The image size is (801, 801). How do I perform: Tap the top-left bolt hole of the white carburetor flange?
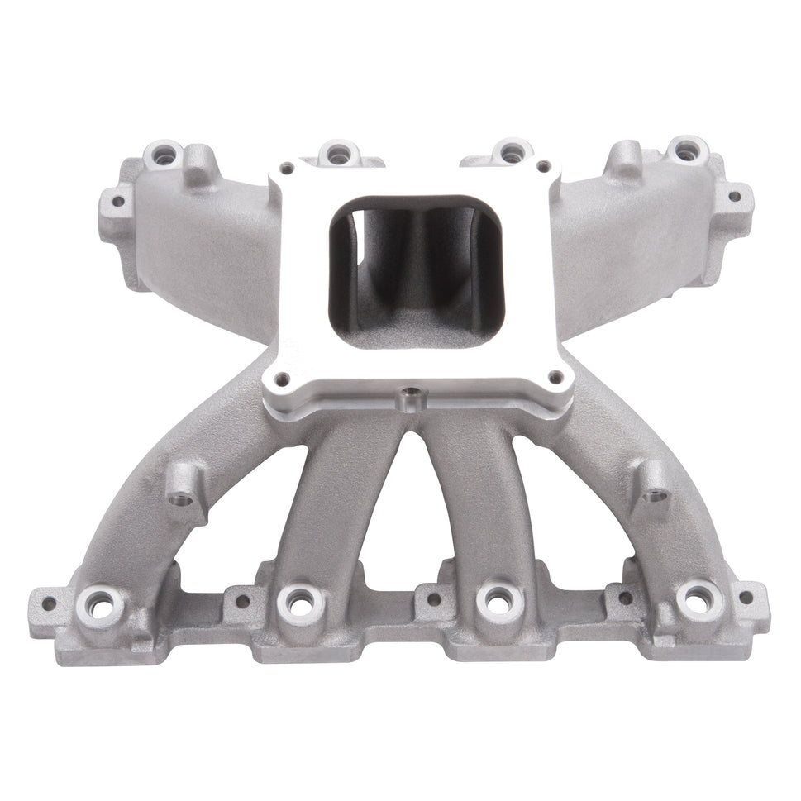(287, 169)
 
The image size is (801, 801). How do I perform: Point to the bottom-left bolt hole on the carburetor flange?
(282, 379)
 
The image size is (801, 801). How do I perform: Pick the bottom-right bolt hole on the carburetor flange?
(555, 378)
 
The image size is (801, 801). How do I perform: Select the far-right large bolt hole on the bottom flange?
(699, 600)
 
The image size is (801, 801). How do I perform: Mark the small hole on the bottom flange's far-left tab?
(49, 603)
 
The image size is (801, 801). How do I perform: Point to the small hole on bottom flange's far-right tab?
(746, 597)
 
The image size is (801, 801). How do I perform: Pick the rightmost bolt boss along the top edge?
(685, 151)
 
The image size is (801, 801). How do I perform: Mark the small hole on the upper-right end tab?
(733, 197)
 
